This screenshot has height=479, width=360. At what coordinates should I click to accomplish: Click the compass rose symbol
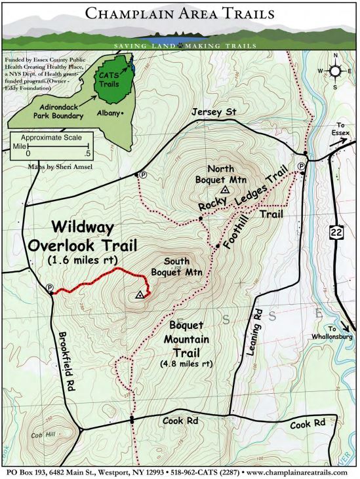[x=335, y=70]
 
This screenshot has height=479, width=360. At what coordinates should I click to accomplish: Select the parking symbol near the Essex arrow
[x=301, y=166]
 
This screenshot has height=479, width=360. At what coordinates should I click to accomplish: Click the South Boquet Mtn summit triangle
[x=140, y=296]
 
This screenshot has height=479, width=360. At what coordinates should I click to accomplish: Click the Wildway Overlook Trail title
[x=81, y=237]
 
